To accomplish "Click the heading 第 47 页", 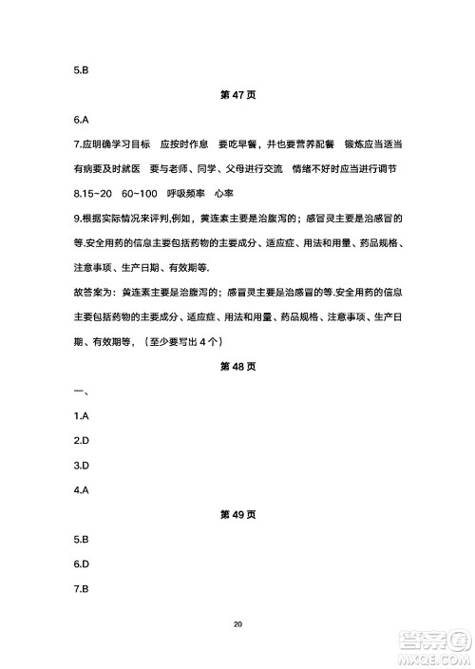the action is coord(237,96).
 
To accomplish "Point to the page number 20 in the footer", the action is coord(237,624).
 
